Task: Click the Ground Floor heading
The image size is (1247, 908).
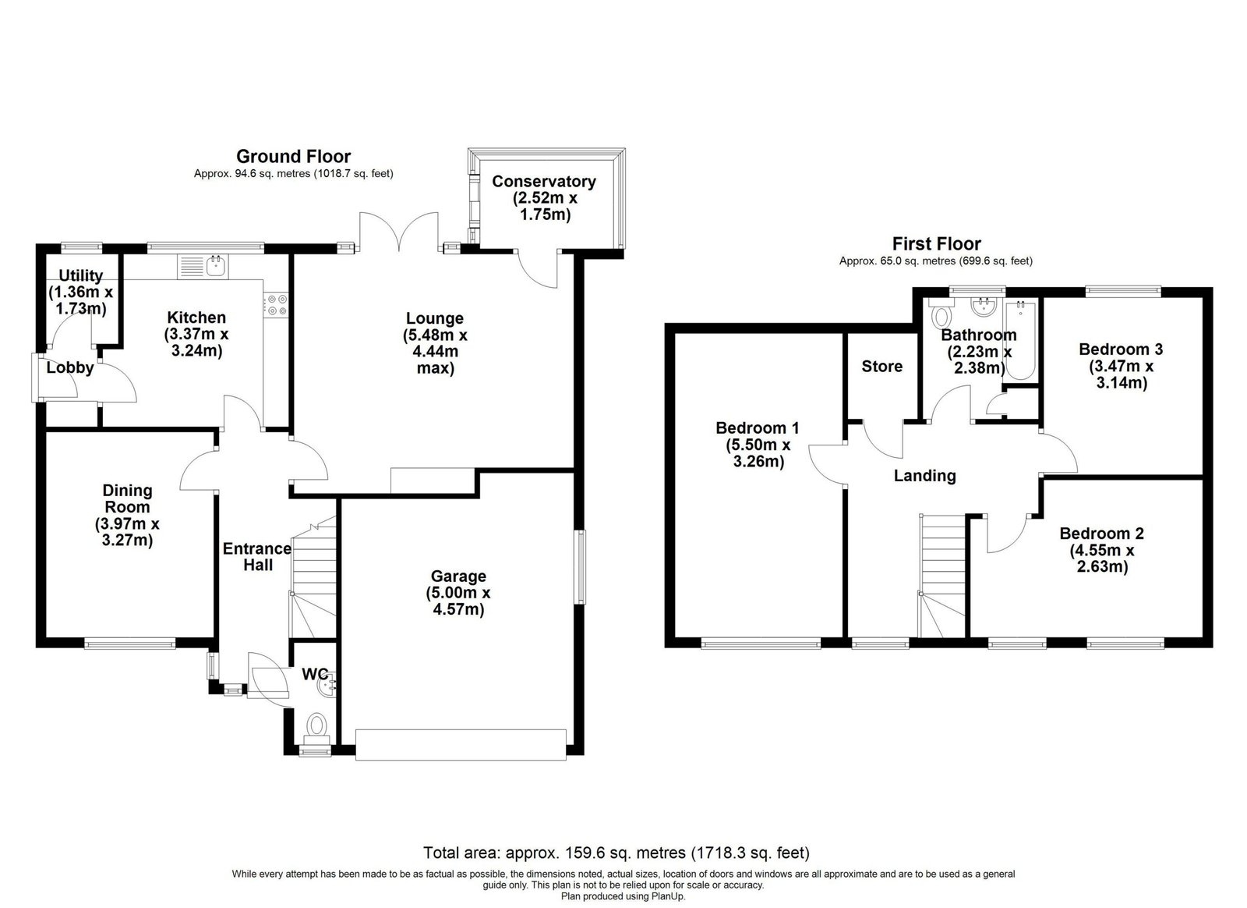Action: (293, 156)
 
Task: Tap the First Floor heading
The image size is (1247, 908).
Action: (936, 243)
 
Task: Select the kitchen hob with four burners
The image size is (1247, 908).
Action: (277, 305)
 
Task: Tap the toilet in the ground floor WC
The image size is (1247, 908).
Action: (316, 729)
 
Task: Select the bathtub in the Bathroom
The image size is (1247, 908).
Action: (1020, 340)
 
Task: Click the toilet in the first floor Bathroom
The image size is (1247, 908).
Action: (941, 314)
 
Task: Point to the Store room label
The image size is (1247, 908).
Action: (881, 366)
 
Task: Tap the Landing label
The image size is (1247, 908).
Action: (924, 475)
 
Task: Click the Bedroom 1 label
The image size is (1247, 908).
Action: (757, 427)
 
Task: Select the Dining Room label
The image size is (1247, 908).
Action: (127, 498)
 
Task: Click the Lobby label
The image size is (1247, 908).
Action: (70, 367)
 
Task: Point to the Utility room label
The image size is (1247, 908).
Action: (81, 275)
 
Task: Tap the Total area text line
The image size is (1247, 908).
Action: (616, 853)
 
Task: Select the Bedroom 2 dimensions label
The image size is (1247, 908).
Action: (1102, 559)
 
